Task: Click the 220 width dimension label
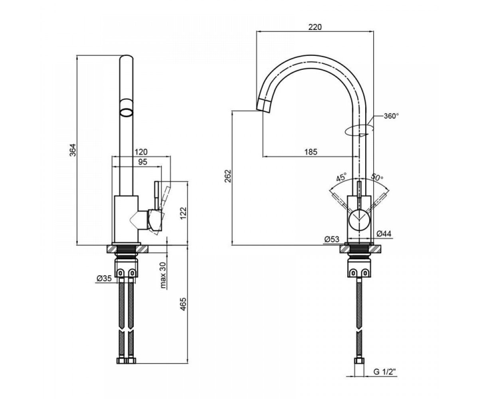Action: pos(315,27)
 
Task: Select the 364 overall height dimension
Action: pos(73,150)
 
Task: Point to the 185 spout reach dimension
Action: pos(311,152)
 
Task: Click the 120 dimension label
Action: pos(141,152)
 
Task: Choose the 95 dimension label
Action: pos(143,162)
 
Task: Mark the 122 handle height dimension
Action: pos(184,213)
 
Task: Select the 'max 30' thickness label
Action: pos(163,275)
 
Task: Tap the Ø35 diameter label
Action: pos(104,279)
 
